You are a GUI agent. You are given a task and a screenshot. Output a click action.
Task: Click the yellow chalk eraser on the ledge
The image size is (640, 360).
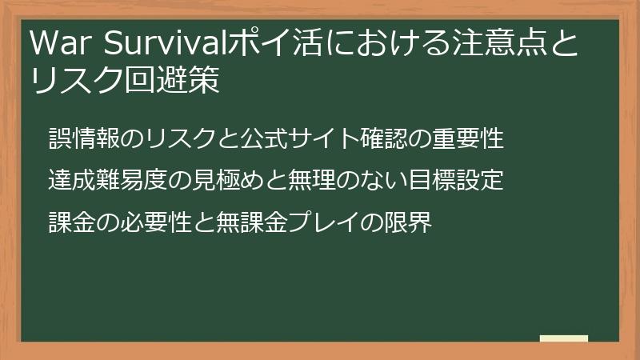point(564,338)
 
